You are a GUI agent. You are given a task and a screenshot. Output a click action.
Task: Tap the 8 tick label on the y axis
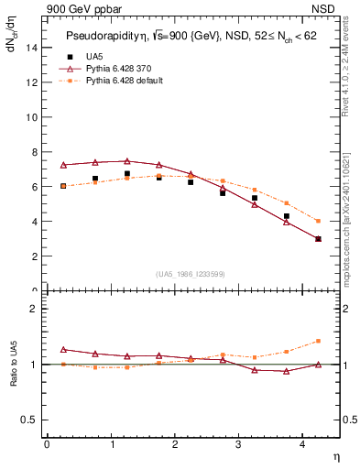[x=34, y=151]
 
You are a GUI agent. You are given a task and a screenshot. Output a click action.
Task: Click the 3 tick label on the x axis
[x=238, y=444]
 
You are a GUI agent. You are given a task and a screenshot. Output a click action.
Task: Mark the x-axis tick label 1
[x=111, y=444]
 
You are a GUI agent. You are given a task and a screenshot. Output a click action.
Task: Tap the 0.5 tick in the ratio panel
[x=29, y=420]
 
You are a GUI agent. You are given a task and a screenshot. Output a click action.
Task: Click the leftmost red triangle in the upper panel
[x=63, y=165]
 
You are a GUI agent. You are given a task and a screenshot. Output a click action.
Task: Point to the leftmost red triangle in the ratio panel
[x=63, y=349]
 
